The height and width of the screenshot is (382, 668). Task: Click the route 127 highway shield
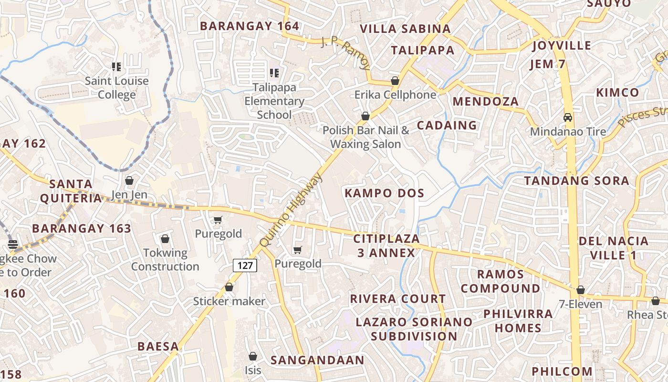[x=245, y=265]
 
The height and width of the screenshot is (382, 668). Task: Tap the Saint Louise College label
[x=117, y=88]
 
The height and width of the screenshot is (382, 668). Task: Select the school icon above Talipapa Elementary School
[x=274, y=73]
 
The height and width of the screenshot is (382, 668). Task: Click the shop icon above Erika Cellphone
[x=395, y=81]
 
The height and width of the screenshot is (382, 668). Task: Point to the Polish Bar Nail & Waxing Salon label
[x=365, y=137]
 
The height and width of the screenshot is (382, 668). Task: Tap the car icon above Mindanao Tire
[x=568, y=117]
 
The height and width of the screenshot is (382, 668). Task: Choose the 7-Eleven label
[x=580, y=304]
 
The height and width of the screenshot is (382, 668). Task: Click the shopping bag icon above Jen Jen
[x=129, y=180]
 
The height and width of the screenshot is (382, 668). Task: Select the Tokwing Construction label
[x=165, y=259]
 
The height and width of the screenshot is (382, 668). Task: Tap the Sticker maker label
[x=229, y=301]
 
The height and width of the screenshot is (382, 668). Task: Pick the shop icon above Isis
[x=253, y=356]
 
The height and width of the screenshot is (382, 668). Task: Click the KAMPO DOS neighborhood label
[x=385, y=193]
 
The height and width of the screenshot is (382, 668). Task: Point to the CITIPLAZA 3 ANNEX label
[x=386, y=245]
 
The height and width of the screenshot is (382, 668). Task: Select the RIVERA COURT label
[x=398, y=299]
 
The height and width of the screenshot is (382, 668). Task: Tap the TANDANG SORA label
[x=577, y=181]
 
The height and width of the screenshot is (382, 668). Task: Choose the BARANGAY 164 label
[x=250, y=26]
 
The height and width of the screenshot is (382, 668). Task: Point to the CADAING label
[x=447, y=125]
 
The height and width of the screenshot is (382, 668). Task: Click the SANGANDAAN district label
[x=317, y=360]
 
